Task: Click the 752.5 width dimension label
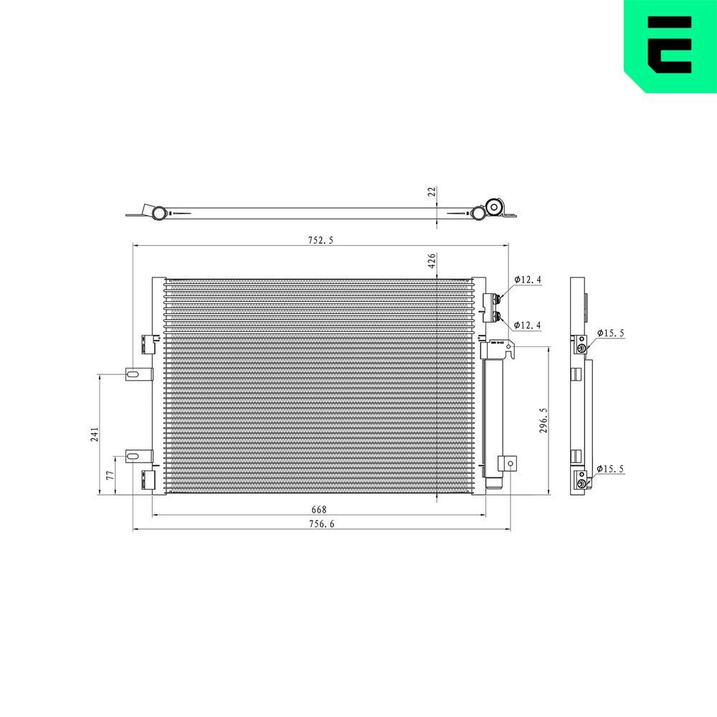320,240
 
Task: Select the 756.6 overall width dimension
321,523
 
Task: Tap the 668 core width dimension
319,509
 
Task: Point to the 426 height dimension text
432,261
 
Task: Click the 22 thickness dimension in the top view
432,191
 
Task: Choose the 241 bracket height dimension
95,434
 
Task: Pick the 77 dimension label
110,475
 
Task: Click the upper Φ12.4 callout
527,280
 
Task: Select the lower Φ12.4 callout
527,325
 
